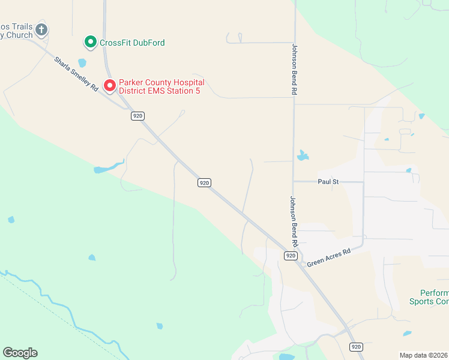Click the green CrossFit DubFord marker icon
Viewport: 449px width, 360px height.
[x=90, y=42]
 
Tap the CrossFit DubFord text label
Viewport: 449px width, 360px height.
[x=132, y=43]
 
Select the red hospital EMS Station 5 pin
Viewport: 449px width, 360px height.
[x=110, y=86]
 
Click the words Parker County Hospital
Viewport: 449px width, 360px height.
[x=161, y=82]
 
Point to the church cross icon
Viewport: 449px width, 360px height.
[x=41, y=29]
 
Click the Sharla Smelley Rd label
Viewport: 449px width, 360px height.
[x=76, y=74]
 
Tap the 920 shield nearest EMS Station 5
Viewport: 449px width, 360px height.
[x=138, y=116]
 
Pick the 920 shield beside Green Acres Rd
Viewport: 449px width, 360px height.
[x=291, y=256]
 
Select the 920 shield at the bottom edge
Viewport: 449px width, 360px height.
[x=357, y=347]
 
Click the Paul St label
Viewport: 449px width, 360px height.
[x=328, y=181]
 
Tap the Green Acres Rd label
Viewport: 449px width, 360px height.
[x=328, y=258]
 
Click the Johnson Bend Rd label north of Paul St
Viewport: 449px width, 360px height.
[x=295, y=70]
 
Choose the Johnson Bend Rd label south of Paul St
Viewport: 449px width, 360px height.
[x=294, y=222]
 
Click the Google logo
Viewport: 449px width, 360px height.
[x=20, y=353]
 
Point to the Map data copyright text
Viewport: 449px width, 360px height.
[x=424, y=355]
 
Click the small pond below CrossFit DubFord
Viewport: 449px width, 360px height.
[x=82, y=62]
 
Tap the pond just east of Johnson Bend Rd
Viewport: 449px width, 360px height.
[x=303, y=156]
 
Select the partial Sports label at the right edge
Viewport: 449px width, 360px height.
[x=429, y=301]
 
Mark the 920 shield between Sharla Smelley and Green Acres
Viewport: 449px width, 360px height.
[x=205, y=182]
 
